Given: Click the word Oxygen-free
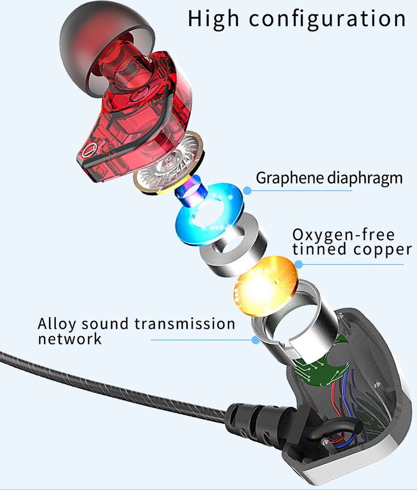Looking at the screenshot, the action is click(344, 236).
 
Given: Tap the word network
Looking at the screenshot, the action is click(70, 339).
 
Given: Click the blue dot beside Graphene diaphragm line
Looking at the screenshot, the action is click(247, 191).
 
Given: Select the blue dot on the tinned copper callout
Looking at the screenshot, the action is click(299, 264).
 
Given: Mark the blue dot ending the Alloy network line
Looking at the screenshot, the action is click(256, 340).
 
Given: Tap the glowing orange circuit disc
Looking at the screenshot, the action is click(265, 286).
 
